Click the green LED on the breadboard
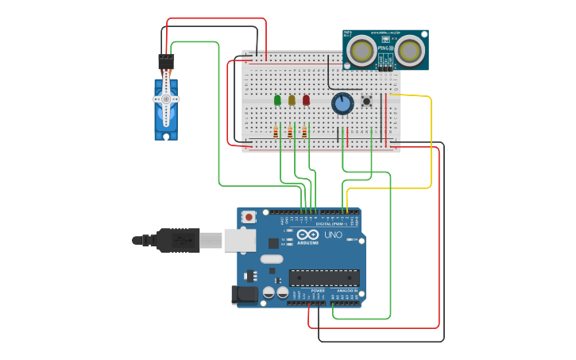(277, 100)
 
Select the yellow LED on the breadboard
(292, 100)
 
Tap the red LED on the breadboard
(306, 100)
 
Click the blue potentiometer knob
(342, 103)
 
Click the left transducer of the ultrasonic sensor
(362, 51)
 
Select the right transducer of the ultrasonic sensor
(411, 51)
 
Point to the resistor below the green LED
(276, 132)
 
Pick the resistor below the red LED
(304, 132)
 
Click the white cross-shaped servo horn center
(166, 99)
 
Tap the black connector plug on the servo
(166, 61)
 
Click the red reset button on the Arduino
(249, 216)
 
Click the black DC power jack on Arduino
(245, 296)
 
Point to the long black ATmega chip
(324, 278)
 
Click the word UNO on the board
(334, 235)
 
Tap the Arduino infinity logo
(308, 235)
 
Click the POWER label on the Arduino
(317, 291)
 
